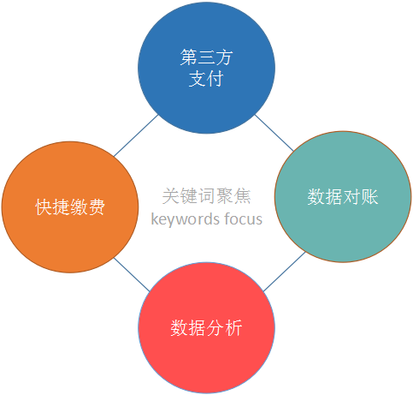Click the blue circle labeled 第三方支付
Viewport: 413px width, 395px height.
pyautogui.click(x=206, y=68)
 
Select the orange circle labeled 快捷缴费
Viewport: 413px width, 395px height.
pyautogui.click(x=70, y=207)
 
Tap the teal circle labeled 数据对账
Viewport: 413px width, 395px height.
pyautogui.click(x=343, y=197)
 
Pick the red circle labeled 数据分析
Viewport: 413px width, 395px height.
pyautogui.click(x=207, y=328)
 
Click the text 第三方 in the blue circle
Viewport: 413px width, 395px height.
pyautogui.click(x=206, y=57)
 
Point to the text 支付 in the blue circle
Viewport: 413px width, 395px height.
pyautogui.click(x=206, y=79)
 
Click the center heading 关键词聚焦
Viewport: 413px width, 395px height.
pyautogui.click(x=207, y=196)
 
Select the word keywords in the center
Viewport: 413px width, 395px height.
pyautogui.click(x=186, y=219)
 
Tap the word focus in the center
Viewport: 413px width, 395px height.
pyautogui.click(x=243, y=219)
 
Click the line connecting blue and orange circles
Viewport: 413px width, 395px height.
pyautogui.click(x=136, y=135)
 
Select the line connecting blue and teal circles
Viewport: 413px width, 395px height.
pyautogui.click(x=274, y=133)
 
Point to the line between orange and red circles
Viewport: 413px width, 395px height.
pyautogui.click(x=132, y=275)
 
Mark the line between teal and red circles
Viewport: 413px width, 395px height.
pyautogui.click(x=284, y=272)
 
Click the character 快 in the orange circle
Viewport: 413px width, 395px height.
pyautogui.click(x=44, y=207)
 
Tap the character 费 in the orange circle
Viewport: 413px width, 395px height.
pyautogui.click(x=97, y=207)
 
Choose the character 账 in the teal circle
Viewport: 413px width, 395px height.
pyautogui.click(x=369, y=197)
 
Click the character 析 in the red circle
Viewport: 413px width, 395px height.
pyautogui.click(x=233, y=328)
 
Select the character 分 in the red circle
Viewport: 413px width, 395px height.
pyautogui.click(x=215, y=328)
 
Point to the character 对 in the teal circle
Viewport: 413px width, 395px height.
pyautogui.click(x=351, y=197)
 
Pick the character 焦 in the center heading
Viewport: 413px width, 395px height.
pyautogui.click(x=243, y=196)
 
